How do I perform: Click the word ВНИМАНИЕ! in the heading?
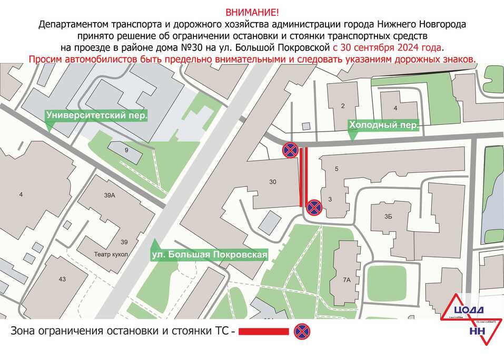[252, 12]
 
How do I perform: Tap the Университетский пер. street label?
[96, 114]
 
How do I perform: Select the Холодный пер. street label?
[383, 125]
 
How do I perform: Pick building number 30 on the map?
[272, 182]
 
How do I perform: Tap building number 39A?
[109, 195]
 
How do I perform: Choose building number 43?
[62, 279]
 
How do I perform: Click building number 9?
[126, 151]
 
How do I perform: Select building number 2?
[343, 106]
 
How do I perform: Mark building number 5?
[336, 169]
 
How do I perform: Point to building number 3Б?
[389, 216]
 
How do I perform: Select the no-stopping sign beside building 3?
[314, 207]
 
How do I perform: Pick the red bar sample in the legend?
[264, 332]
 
